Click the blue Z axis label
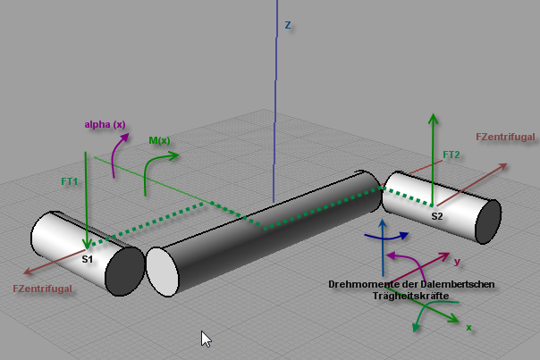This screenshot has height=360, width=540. (x=288, y=25)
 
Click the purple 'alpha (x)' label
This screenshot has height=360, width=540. (x=105, y=124)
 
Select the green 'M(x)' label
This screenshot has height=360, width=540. (x=159, y=140)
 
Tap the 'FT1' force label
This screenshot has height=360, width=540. (x=69, y=181)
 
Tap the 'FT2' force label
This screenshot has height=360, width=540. (x=451, y=155)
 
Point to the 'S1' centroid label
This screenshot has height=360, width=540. (x=87, y=259)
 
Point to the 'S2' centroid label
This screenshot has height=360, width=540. (x=436, y=216)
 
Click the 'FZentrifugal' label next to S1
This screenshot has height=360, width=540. (x=42, y=289)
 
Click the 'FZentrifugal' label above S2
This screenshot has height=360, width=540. (x=505, y=137)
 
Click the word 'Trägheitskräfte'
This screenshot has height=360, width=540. (x=411, y=296)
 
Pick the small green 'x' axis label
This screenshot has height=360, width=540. (x=468, y=327)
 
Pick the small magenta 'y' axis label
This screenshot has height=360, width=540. (x=457, y=262)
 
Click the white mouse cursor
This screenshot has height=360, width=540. (x=206, y=339)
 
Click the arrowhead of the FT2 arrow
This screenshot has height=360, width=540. (x=433, y=119)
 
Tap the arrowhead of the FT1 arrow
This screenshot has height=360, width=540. (x=87, y=243)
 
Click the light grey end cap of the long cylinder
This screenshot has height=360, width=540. (x=162, y=272)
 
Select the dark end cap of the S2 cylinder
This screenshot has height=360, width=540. (x=488, y=222)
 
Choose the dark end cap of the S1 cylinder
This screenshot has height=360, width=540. (x=124, y=271)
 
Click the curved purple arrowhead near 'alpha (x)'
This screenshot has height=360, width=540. (x=124, y=138)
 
